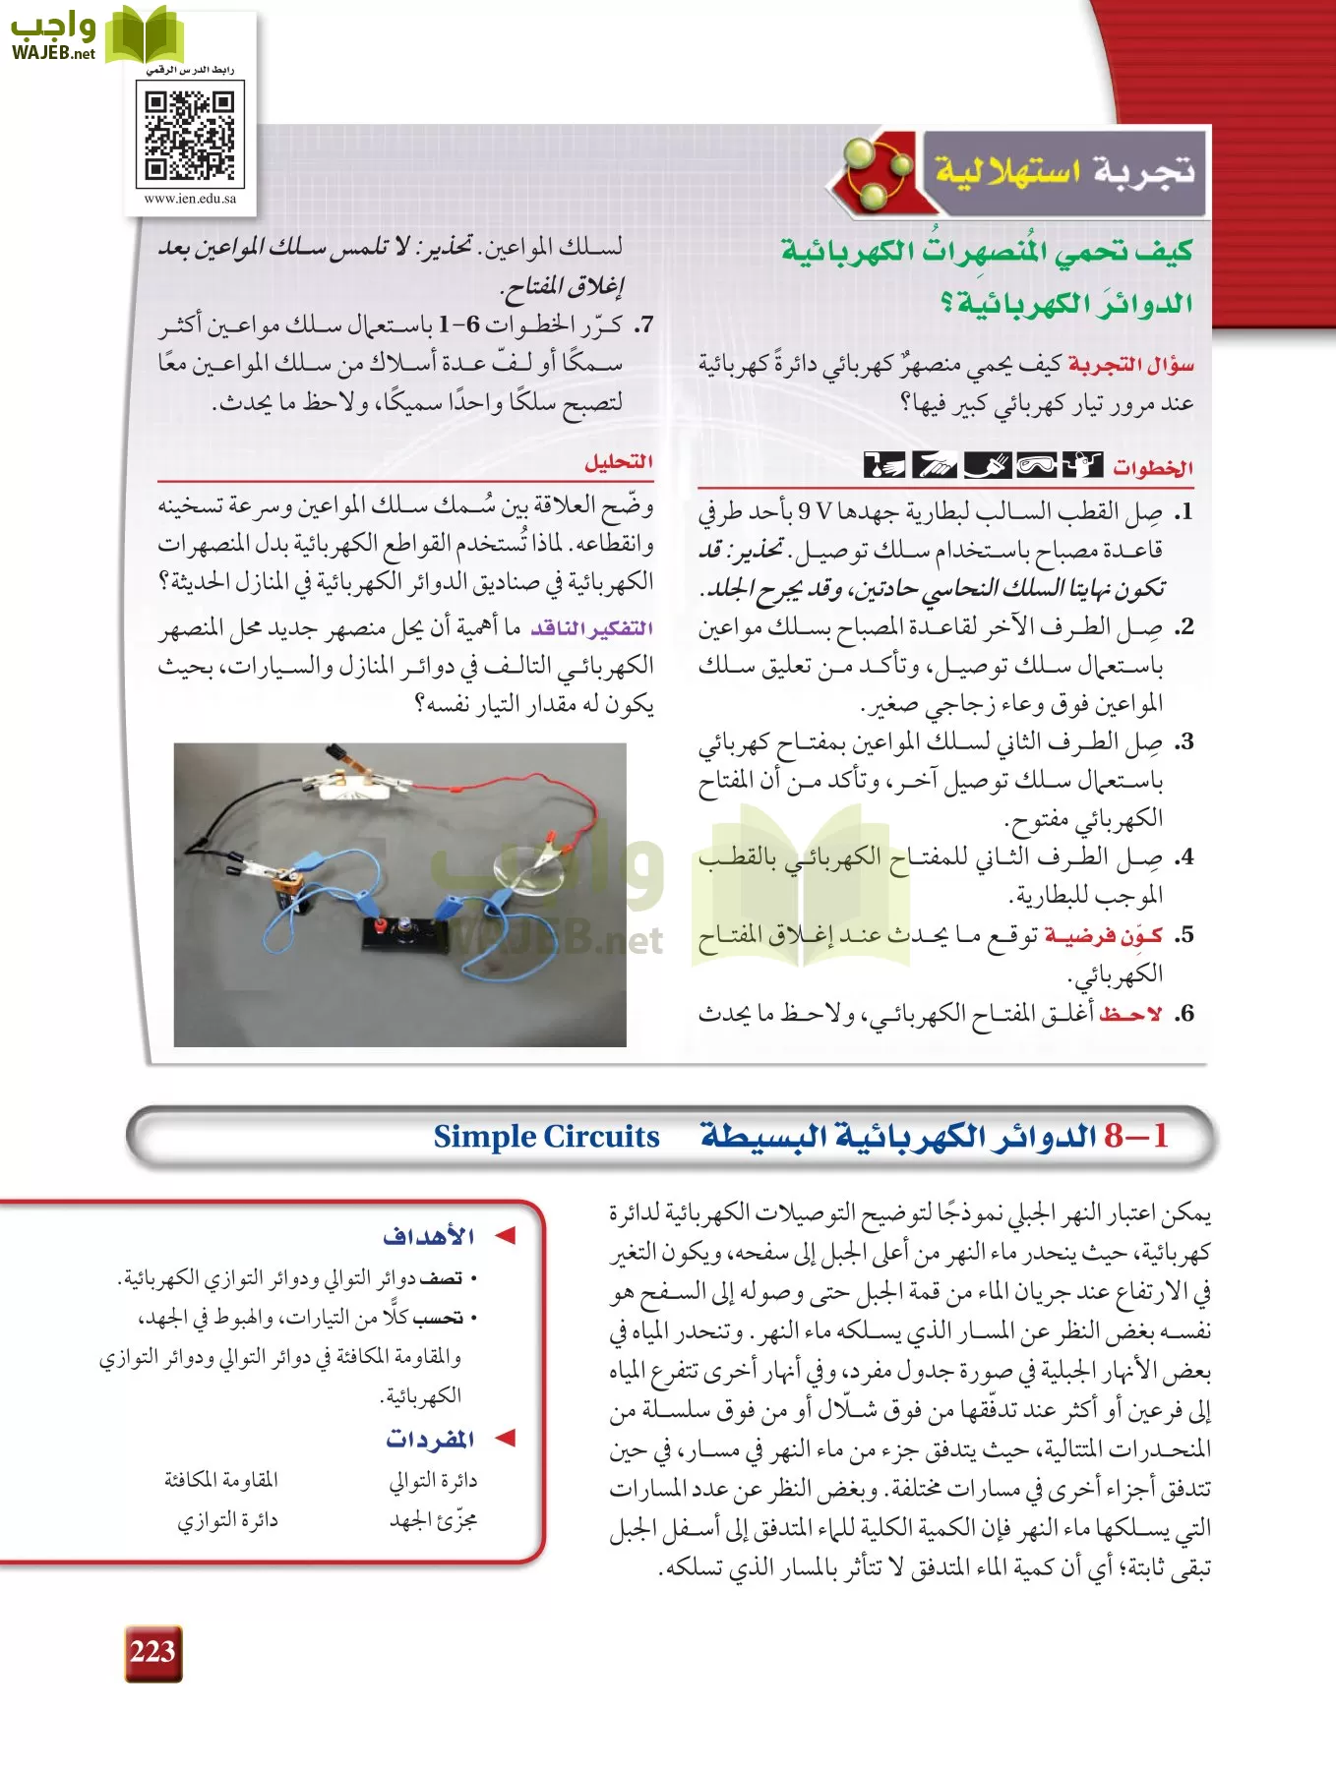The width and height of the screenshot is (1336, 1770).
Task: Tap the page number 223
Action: point(152,1652)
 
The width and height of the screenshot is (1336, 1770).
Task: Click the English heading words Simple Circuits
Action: point(546,1137)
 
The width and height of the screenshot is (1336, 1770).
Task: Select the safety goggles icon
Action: point(1035,464)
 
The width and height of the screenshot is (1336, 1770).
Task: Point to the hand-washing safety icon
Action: point(884,464)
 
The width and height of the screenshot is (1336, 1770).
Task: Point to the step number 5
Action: point(1184,935)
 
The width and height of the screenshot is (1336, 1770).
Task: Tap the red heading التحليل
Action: point(618,462)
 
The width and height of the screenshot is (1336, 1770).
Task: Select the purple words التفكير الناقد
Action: point(592,628)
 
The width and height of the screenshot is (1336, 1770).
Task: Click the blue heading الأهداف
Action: point(429,1236)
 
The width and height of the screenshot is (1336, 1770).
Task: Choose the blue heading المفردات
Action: point(430,1439)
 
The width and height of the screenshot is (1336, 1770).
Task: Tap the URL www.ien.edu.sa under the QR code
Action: point(190,199)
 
